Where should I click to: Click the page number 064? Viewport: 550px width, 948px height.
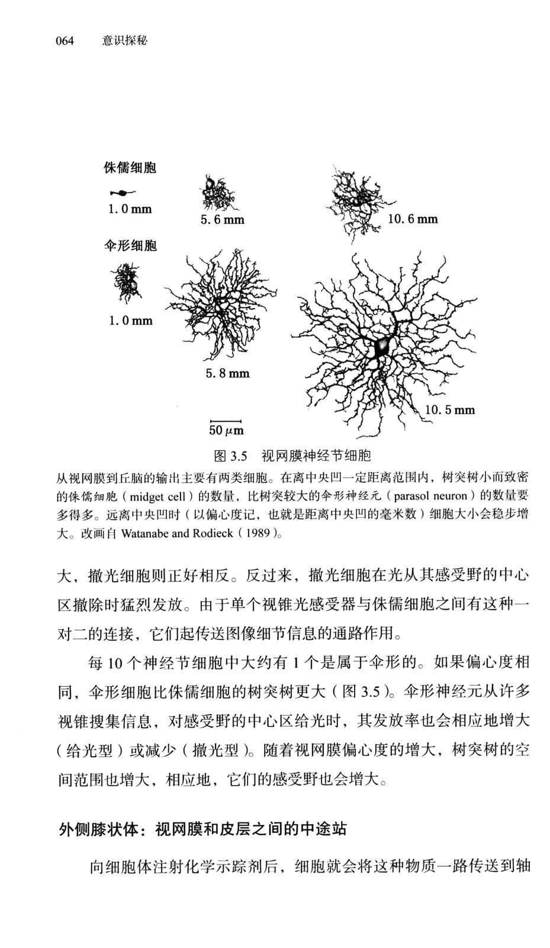tap(65, 40)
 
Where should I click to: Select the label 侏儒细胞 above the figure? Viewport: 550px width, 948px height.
tap(130, 168)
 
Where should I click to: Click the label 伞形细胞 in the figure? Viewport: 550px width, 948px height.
tap(130, 245)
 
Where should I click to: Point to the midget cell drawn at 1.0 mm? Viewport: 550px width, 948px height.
tap(123, 193)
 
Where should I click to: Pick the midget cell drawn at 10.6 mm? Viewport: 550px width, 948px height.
tap(355, 201)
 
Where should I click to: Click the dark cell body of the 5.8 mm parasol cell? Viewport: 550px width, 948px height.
tap(218, 308)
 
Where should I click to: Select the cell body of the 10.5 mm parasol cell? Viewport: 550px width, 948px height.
tap(381, 346)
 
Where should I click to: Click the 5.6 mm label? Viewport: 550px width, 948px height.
tap(222, 220)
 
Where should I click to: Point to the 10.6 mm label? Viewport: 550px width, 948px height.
tap(413, 219)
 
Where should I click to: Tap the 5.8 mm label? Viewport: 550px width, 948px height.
tap(227, 373)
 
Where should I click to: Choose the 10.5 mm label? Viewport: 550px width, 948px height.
tap(450, 409)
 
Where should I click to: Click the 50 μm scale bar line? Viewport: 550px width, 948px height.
tap(226, 421)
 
